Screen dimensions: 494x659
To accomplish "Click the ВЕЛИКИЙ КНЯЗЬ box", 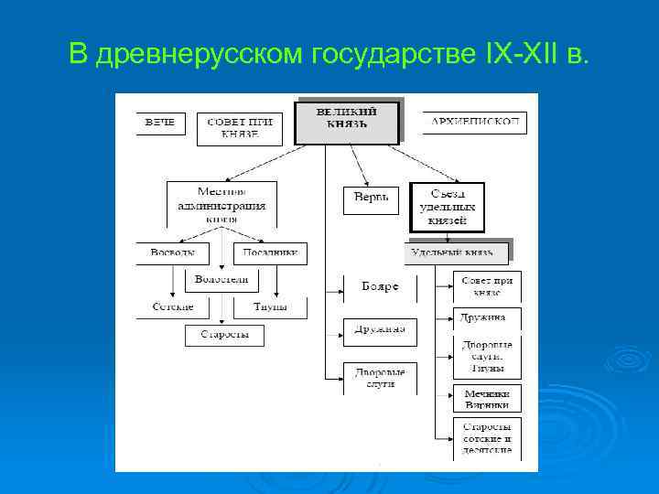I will (347, 122).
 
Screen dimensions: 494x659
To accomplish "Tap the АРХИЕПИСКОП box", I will (474, 123).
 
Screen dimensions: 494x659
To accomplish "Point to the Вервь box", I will (371, 199).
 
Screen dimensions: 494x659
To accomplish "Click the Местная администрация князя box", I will (221, 204).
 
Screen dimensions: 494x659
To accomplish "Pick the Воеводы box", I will (172, 253).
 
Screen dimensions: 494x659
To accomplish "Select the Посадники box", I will (270, 253).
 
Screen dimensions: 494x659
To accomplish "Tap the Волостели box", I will (222, 279).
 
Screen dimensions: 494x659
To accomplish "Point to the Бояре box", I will (380, 287).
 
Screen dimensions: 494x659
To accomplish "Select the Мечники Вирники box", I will (487, 399).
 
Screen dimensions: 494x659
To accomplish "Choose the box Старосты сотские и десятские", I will (487, 438).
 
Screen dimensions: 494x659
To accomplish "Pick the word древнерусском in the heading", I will (200, 56).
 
